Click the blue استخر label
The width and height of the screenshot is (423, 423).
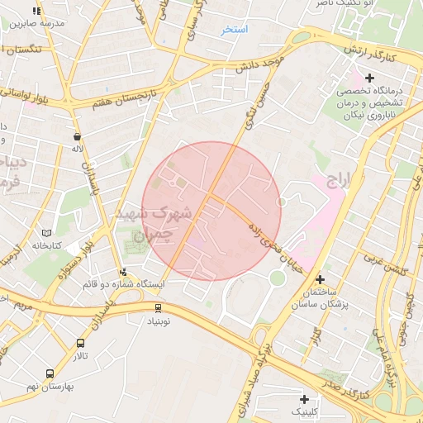235,30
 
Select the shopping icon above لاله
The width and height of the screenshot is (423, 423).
78,137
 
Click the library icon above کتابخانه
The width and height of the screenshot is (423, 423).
45,234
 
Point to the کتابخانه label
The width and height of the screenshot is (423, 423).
48,245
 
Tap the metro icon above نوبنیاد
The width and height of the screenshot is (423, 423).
159,307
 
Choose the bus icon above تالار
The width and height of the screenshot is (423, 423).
80,343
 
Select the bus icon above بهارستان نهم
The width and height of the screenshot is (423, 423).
50,374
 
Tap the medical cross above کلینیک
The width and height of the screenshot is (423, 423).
304,399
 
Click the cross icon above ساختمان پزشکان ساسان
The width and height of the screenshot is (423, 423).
320,268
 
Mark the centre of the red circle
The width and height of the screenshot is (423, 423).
211,211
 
